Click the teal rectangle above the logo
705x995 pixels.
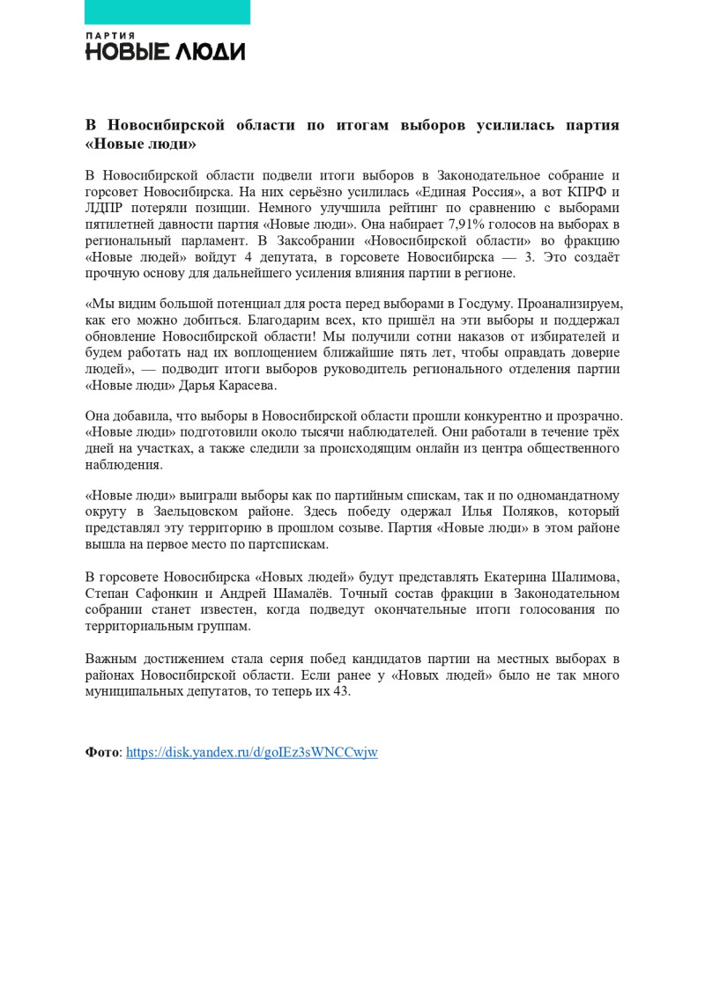pyautogui.click(x=167, y=11)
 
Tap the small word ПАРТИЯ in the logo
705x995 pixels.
pyautogui.click(x=110, y=36)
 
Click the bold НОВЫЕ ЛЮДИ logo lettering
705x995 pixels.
pyautogui.click(x=165, y=52)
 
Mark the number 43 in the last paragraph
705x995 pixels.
pyautogui.click(x=341, y=691)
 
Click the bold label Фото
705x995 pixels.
pyautogui.click(x=102, y=752)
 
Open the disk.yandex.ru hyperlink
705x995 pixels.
pyautogui.click(x=252, y=752)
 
